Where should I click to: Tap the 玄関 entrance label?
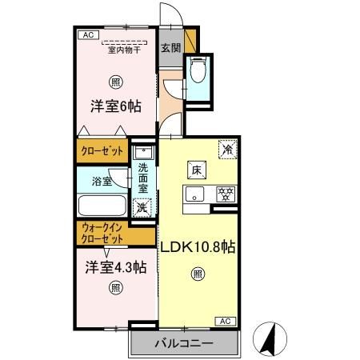170,47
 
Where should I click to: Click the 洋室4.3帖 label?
116,268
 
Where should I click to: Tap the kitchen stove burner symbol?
226,193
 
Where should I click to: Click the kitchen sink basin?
194,193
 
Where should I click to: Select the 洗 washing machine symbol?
142,207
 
